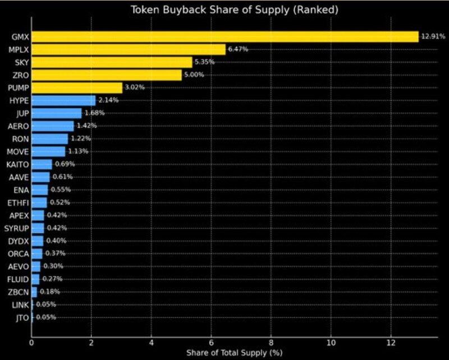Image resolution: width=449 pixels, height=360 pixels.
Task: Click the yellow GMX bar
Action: [x=224, y=36]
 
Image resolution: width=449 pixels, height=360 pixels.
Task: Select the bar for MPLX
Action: [x=129, y=49]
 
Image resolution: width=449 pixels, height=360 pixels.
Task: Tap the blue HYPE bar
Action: [x=63, y=100]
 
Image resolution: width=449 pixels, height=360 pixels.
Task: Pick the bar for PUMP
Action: [x=77, y=87]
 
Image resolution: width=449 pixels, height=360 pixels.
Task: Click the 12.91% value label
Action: [x=433, y=36]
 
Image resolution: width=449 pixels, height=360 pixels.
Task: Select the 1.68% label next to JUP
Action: [x=94, y=113]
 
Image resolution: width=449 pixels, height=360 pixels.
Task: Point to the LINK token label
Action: [x=19, y=304]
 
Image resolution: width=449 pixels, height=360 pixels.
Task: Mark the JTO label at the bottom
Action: [x=20, y=317]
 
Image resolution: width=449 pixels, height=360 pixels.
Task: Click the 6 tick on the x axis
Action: [x=211, y=341]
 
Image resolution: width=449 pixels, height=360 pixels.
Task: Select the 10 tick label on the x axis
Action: [x=331, y=341]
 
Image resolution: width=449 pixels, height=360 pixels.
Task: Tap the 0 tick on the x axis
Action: [x=31, y=341]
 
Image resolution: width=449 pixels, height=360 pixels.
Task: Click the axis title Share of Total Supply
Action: [x=233, y=353]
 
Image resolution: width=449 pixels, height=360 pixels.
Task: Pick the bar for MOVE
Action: [x=48, y=151]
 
